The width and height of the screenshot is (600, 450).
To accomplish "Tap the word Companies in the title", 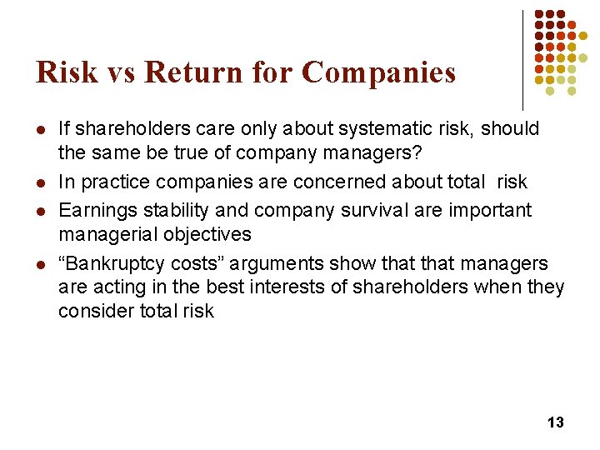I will pyautogui.click(x=378, y=72).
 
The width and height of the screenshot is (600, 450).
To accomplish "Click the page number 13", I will pyautogui.click(x=555, y=422).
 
